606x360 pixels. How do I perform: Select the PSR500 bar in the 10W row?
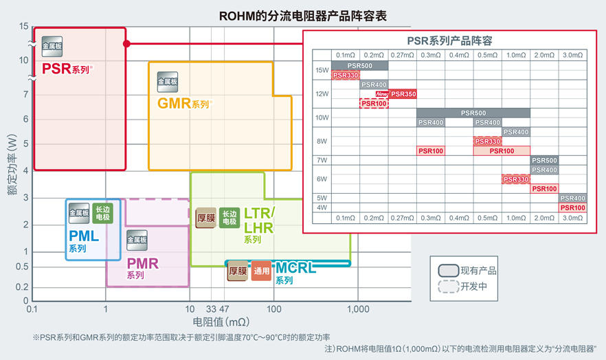473,113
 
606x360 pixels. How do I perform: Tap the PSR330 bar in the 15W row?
346,75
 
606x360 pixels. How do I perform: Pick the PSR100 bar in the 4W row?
572,207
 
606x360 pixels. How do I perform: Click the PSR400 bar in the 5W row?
572,198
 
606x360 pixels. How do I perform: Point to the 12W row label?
322,93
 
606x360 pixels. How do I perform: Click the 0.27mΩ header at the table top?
402,55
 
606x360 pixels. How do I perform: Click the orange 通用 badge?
261,271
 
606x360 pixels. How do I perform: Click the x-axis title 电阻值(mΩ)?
221,321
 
